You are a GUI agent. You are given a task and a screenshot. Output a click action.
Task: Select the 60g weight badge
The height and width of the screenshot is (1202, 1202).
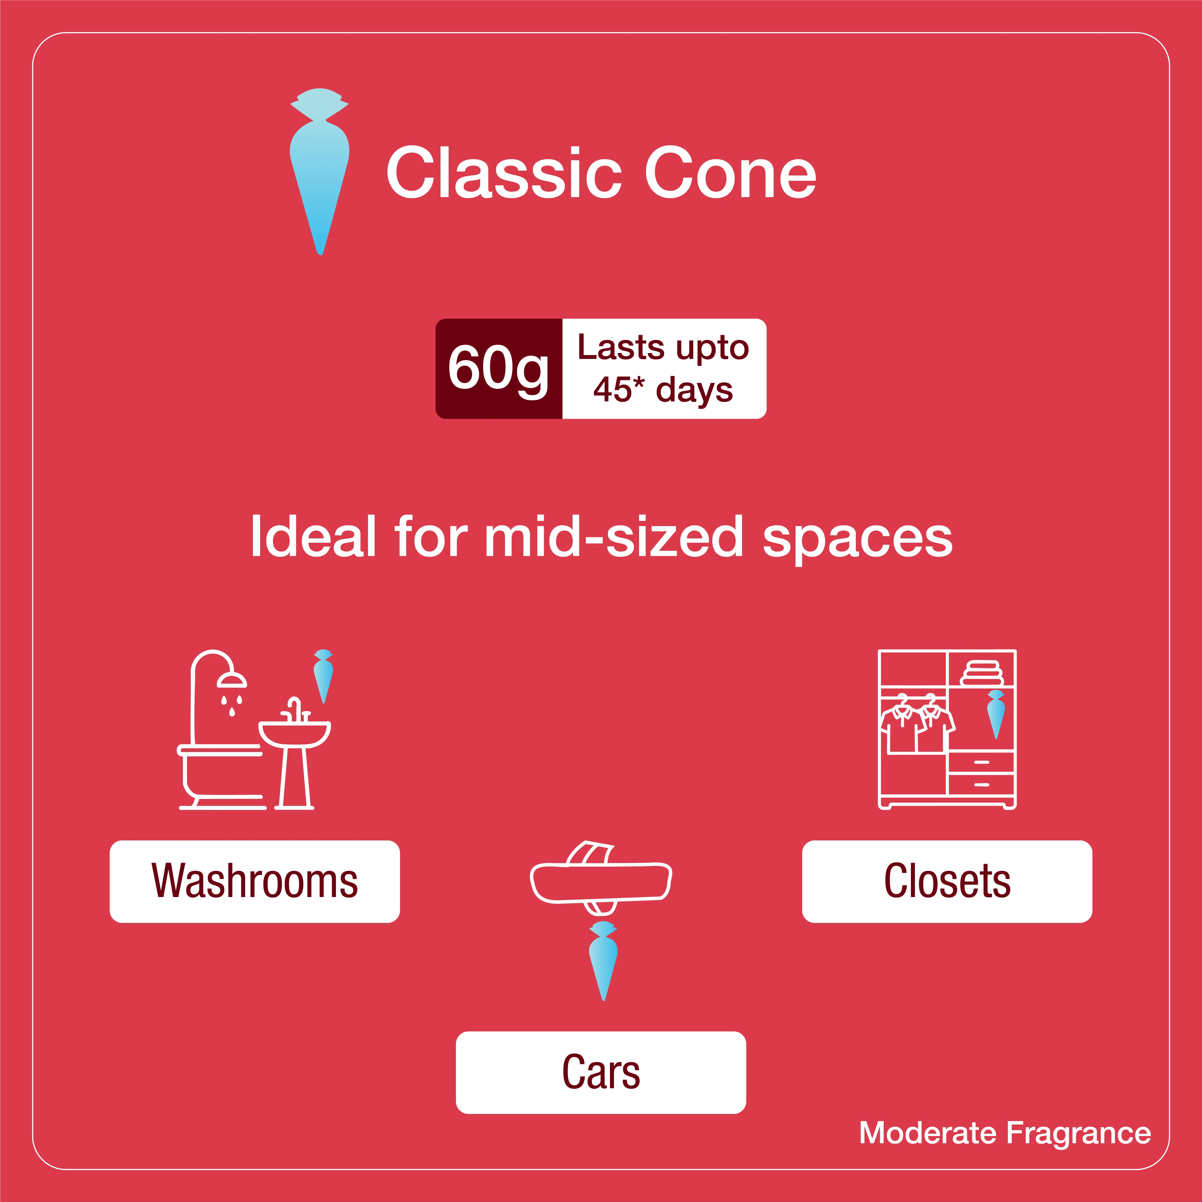499,368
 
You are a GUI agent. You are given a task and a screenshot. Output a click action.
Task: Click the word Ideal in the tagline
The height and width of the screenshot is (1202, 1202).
313,536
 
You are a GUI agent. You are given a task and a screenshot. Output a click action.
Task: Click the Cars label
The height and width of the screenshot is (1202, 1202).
601,1072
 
